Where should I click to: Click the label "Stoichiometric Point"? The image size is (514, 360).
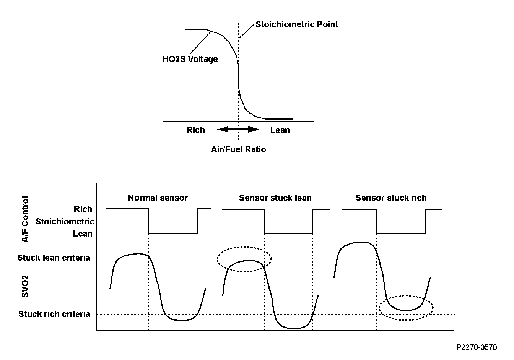[297, 24]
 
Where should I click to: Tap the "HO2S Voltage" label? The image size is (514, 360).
[190, 59]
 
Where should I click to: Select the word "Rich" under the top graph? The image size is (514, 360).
[195, 130]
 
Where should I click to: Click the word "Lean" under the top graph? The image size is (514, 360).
[280, 130]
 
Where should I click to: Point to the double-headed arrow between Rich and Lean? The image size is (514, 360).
[238, 130]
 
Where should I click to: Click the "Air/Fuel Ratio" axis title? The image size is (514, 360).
[238, 149]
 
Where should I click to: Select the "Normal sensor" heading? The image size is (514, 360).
[158, 198]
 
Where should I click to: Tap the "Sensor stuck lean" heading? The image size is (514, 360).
[275, 198]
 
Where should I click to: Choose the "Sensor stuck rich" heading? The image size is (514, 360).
[391, 198]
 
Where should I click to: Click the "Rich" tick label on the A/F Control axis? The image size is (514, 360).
[83, 209]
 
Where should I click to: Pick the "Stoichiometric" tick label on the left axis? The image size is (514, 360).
[65, 222]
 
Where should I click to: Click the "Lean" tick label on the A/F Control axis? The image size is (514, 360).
[83, 234]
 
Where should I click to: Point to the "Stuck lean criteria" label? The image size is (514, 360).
[54, 258]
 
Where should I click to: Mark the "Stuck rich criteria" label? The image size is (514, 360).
[54, 314]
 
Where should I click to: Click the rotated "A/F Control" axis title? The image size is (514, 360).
[25, 219]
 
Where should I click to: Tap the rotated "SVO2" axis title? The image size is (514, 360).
[25, 286]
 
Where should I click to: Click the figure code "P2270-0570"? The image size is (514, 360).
[477, 347]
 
